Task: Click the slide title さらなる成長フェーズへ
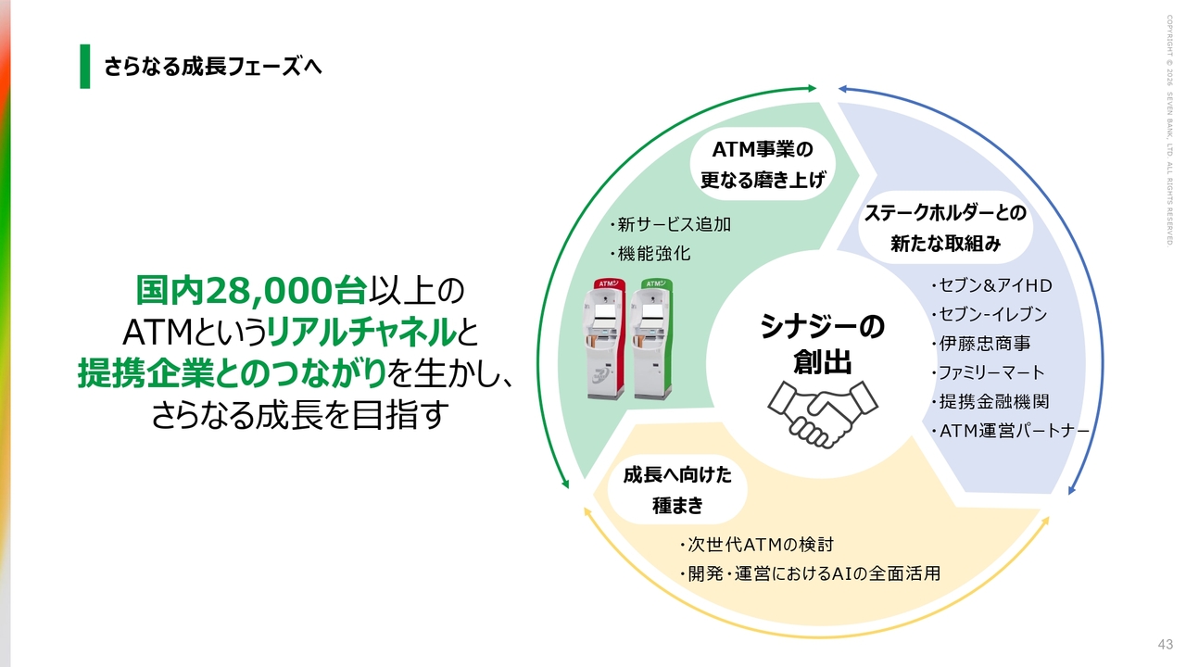tap(213, 67)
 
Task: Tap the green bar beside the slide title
tap(84, 66)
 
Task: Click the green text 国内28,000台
tap(251, 291)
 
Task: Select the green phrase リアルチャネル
tap(361, 333)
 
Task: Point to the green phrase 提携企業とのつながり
tap(232, 373)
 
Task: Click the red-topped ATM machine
tap(604, 338)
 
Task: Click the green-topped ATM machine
tap(651, 338)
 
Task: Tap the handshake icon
tap(822, 414)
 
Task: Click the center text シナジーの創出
tap(822, 344)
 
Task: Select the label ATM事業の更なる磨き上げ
tap(763, 165)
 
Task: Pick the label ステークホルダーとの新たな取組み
tap(946, 228)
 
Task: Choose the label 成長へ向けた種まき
tap(677, 490)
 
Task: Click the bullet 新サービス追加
tap(670, 224)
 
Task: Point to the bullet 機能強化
tap(650, 254)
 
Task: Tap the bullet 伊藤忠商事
tap(981, 344)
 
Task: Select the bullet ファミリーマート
tap(988, 372)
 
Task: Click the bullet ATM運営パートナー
tap(1010, 431)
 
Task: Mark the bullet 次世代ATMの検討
tap(757, 545)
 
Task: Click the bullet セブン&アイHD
tap(991, 286)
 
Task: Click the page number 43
tap(1165, 644)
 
